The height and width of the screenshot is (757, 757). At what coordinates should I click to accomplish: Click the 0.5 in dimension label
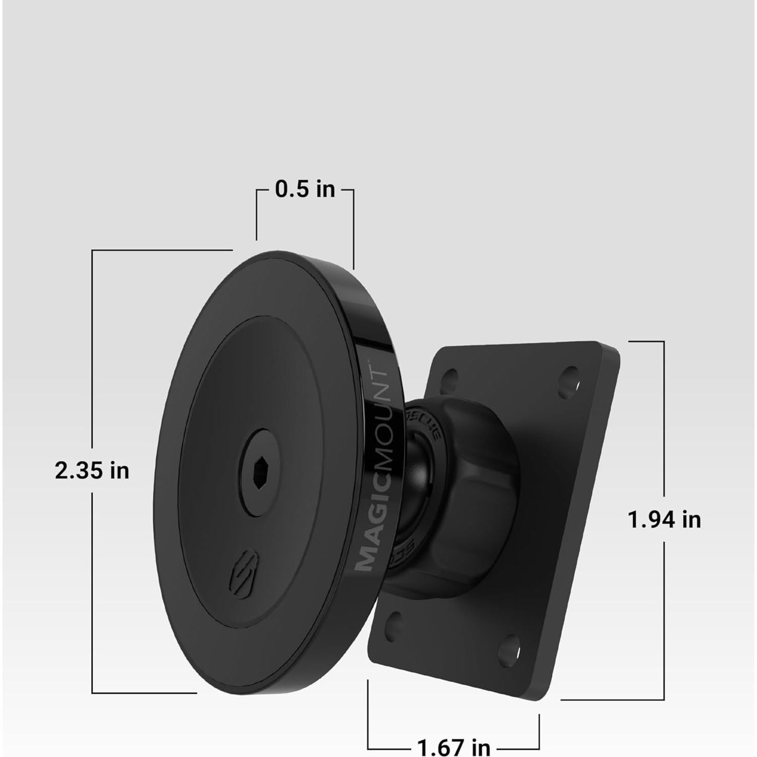(x=305, y=189)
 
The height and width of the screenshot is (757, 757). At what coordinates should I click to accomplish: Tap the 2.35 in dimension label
(x=92, y=471)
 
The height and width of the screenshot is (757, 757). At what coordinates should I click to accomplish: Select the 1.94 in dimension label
(x=664, y=519)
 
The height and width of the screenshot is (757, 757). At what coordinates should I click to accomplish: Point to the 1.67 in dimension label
(x=453, y=746)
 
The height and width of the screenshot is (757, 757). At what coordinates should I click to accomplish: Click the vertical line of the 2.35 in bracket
(x=92, y=354)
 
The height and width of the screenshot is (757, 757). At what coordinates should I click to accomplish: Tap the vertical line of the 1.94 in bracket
(x=664, y=430)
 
